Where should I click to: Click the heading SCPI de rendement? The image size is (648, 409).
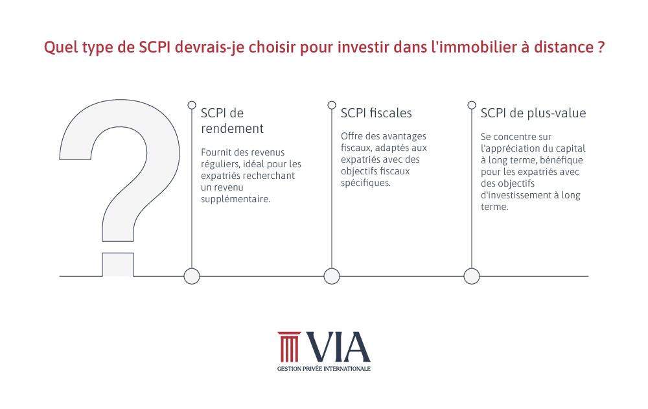(x=232, y=121)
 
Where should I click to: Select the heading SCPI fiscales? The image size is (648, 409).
(x=376, y=113)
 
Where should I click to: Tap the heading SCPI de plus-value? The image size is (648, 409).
(x=533, y=113)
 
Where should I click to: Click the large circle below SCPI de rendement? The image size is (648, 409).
(x=192, y=276)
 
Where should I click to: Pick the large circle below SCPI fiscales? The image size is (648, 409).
(x=331, y=276)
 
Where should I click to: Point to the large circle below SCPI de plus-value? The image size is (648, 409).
(x=472, y=276)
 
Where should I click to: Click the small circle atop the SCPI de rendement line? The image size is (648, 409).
(x=192, y=105)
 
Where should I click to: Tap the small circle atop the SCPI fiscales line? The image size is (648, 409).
(x=331, y=105)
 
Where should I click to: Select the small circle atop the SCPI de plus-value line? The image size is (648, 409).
(x=472, y=105)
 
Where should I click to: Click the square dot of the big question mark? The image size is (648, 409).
(x=118, y=264)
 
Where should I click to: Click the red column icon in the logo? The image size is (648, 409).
(x=289, y=347)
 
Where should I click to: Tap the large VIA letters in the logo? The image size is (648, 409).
(x=338, y=347)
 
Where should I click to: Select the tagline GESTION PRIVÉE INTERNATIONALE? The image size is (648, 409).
(x=324, y=368)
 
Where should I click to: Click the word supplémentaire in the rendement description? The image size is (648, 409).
(x=236, y=200)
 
